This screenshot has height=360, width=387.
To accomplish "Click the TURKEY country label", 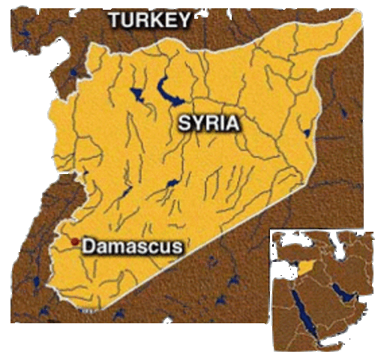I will pyautogui.click(x=150, y=20).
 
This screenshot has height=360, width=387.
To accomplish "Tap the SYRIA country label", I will pyautogui.click(x=209, y=123).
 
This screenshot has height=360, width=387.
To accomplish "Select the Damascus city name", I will pyautogui.click(x=131, y=246).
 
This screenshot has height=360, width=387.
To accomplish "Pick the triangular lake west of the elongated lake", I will pyautogui.click(x=136, y=94).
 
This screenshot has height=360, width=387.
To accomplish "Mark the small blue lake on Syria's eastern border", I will pyautogui.click(x=307, y=133).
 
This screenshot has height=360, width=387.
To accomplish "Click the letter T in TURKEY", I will pyautogui.click(x=116, y=20).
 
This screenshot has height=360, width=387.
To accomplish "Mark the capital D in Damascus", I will pyautogui.click(x=88, y=246).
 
